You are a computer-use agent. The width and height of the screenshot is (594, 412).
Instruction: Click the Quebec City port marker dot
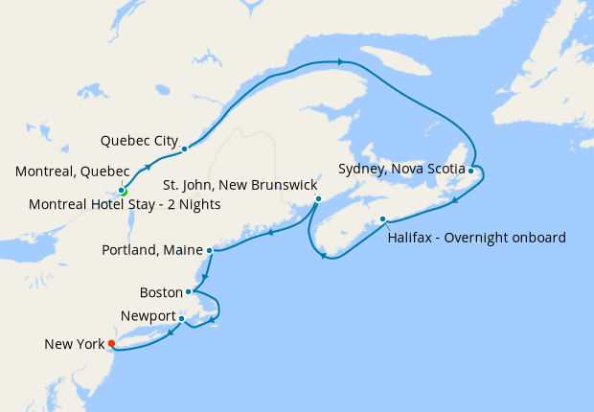coord(183,149)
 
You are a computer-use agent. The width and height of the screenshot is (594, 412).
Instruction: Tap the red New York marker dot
coord(112,343)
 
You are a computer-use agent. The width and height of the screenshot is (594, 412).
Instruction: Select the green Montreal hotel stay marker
coord(124,192)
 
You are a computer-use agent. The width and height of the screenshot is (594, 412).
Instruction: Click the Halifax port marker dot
coord(383,218)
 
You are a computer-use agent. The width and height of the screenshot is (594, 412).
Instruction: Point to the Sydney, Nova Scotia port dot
coord(471,171)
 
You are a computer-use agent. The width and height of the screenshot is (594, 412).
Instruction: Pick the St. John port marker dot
coord(318,199)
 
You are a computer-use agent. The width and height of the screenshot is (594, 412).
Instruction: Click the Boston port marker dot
coord(189,291)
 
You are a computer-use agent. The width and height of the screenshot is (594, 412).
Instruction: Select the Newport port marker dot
coord(181,318)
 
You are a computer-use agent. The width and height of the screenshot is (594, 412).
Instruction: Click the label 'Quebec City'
coord(139,140)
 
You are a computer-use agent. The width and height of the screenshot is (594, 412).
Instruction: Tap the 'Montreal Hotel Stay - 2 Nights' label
coord(125,205)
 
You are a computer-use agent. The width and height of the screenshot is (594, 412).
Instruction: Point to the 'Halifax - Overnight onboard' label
coord(476,237)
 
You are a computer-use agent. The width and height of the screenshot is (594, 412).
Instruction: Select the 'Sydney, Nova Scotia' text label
coord(401,170)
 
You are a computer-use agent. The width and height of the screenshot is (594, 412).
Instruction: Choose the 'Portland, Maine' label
coord(151,251)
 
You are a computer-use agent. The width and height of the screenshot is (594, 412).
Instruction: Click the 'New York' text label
coord(74,343)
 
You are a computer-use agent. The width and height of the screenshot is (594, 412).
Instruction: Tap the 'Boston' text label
coord(160,291)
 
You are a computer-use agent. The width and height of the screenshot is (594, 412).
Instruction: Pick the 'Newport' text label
coord(148,316)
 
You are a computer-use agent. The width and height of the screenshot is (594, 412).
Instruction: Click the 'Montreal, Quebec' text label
coord(73,172)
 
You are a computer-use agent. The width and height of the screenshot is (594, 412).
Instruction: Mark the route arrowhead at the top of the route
coord(340,62)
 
